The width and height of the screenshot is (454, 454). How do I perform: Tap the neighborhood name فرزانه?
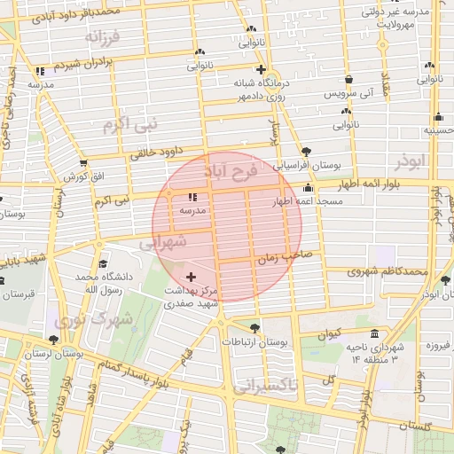coord(102,38)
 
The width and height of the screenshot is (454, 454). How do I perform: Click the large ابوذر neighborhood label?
coord(412,160)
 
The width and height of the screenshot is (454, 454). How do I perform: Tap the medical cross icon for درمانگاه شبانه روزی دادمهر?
coord(260,70)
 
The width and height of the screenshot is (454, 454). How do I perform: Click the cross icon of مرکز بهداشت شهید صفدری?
coord(192,278)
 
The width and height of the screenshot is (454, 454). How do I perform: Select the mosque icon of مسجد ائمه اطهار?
coord(308,188)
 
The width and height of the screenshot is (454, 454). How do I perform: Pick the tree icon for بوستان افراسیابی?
coord(307,152)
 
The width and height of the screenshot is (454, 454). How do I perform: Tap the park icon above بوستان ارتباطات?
coord(255,328)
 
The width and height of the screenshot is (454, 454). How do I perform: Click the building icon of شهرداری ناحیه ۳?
coord(374,334)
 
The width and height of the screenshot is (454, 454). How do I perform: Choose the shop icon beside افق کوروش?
coord(83,163)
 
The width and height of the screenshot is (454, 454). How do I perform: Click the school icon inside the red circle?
coord(192,198)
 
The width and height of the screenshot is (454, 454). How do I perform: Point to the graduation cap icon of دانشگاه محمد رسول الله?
coord(104,263)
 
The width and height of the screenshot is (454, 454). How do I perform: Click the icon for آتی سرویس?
coord(348,79)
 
